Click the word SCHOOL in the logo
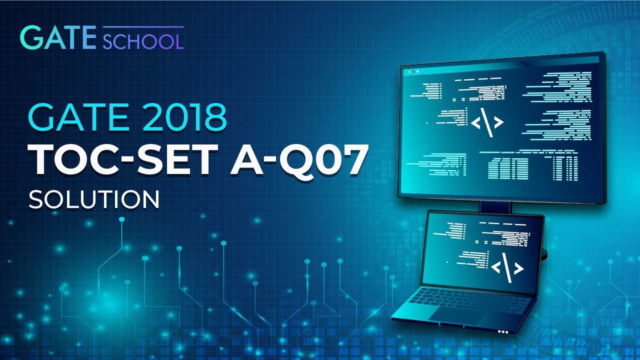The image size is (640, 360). [x=143, y=40]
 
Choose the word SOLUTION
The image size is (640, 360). [x=94, y=199]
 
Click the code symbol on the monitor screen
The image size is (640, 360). [x=486, y=122]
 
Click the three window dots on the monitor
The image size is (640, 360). [x=413, y=72]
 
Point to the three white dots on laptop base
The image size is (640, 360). [x=503, y=331]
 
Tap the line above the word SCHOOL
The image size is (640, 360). [x=143, y=27]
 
